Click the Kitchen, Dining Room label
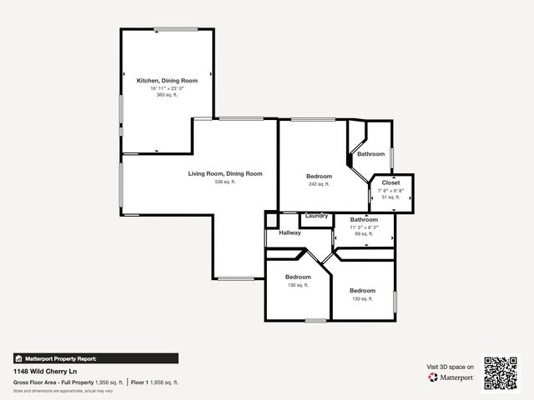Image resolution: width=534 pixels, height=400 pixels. pyautogui.click(x=167, y=80)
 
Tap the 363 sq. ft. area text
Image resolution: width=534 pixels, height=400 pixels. pyautogui.click(x=167, y=95)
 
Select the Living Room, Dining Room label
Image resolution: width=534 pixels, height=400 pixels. pyautogui.click(x=224, y=173)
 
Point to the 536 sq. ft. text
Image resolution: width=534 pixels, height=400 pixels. pyautogui.click(x=224, y=182)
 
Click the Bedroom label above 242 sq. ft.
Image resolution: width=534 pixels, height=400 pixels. pyautogui.click(x=319, y=176)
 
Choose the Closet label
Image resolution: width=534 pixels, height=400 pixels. pyautogui.click(x=390, y=182)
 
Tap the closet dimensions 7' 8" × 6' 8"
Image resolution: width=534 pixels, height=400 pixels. pyautogui.click(x=390, y=190)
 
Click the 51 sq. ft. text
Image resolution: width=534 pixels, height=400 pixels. pyautogui.click(x=390, y=197)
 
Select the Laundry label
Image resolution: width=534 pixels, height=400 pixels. pyautogui.click(x=316, y=216)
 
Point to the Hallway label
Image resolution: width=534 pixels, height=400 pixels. pyautogui.click(x=290, y=233)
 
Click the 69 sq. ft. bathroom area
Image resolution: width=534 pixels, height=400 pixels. pyautogui.click(x=364, y=234)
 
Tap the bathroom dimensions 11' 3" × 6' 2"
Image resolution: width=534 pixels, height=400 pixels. pyautogui.click(x=364, y=227)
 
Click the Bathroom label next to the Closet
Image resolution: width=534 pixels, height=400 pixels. pyautogui.click(x=370, y=154)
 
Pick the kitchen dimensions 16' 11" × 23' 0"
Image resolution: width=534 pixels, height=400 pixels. pyautogui.click(x=167, y=87)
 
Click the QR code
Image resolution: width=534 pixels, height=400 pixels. pyautogui.click(x=501, y=372)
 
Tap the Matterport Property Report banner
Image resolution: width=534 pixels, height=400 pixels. pyautogui.click(x=95, y=358)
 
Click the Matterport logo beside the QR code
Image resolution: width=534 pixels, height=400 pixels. pyautogui.click(x=451, y=377)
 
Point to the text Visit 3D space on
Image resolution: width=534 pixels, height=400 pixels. pyautogui.click(x=451, y=367)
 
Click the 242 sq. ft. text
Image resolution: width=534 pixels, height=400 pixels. pyautogui.click(x=319, y=184)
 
